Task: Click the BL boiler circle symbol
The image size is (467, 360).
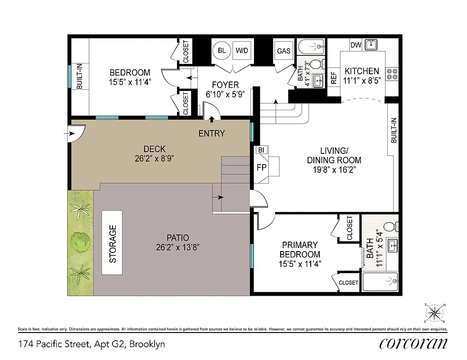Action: [222, 50]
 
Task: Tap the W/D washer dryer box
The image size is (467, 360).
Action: [242, 50]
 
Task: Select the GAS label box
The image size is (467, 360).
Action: [284, 50]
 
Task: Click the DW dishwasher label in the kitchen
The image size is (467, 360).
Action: [356, 45]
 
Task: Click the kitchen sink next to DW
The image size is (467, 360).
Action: [371, 45]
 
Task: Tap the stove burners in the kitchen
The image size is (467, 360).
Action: [392, 73]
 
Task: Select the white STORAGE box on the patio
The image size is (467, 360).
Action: [112, 243]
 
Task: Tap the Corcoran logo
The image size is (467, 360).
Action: [413, 344]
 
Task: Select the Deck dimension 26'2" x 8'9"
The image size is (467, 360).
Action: [154, 158]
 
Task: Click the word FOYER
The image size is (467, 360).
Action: [226, 85]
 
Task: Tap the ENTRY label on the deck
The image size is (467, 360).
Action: [212, 133]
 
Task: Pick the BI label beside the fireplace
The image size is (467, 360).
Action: [261, 150]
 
